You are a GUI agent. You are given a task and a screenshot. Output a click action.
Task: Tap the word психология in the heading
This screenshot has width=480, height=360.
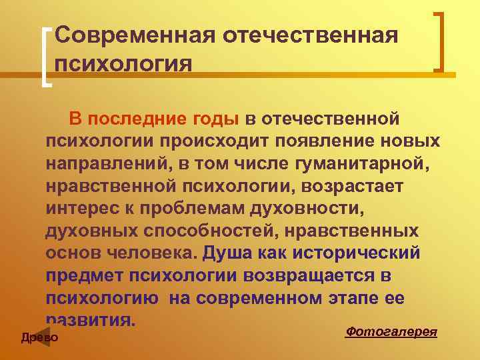coord(124,64)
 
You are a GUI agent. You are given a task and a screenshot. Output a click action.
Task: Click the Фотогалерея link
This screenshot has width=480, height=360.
coord(391,331)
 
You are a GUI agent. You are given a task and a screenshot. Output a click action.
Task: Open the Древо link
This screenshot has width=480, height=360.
coord(40,338)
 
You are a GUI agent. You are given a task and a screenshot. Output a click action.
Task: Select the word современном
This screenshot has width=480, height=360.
coord(267,299)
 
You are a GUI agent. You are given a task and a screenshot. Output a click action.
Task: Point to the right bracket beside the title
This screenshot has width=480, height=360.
coord(439,41)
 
